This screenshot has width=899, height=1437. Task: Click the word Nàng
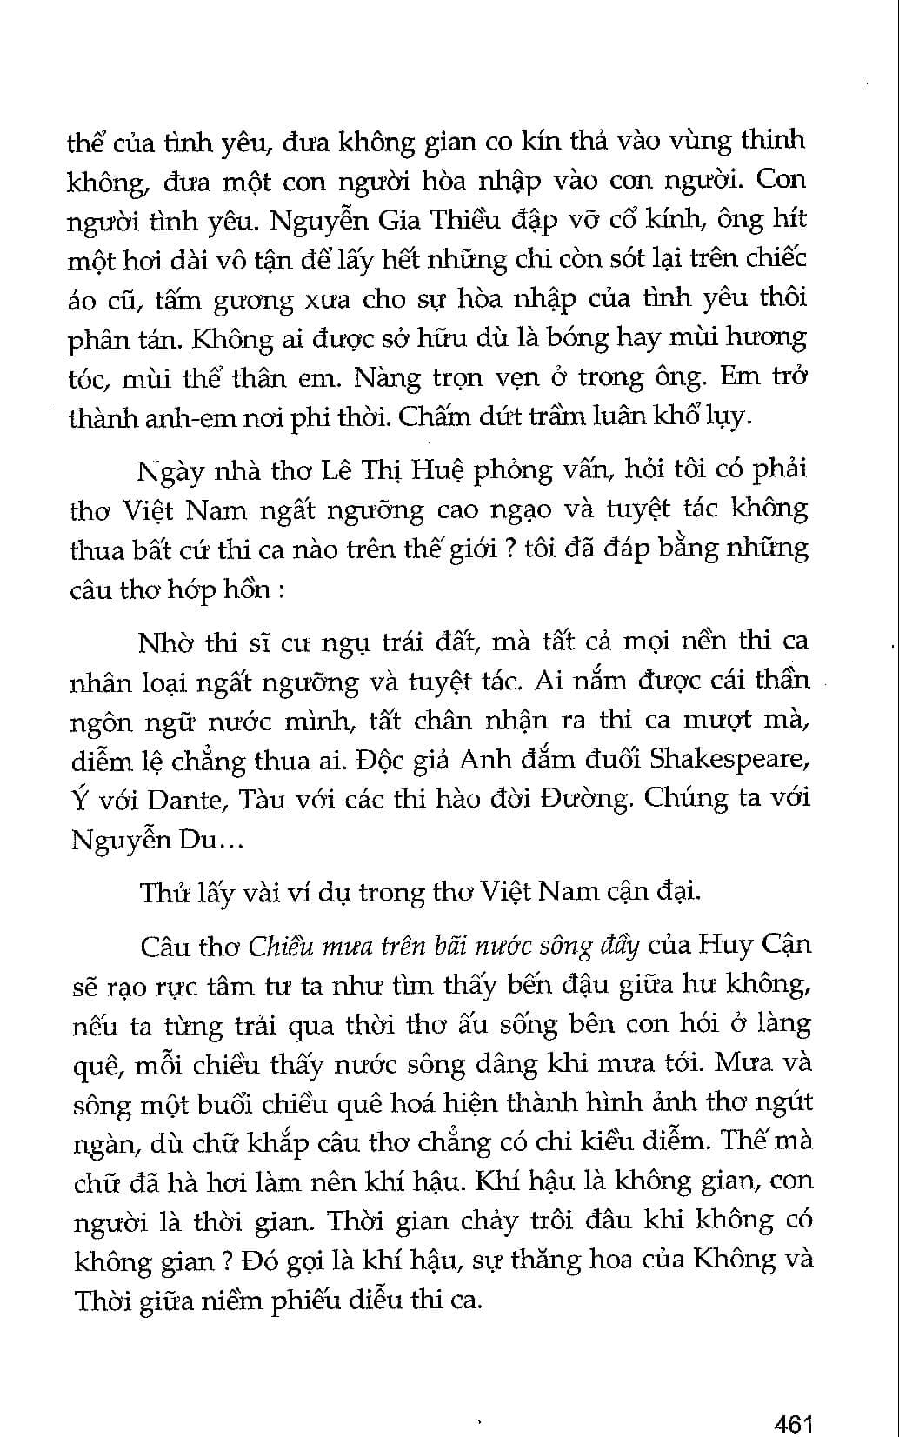[x=390, y=376]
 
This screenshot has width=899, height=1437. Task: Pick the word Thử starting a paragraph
[x=160, y=892]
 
